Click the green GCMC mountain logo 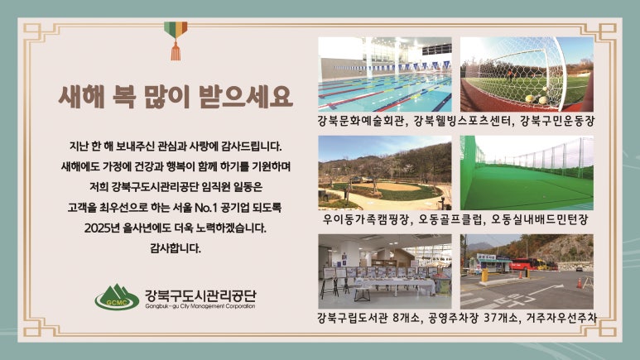(x=117, y=297)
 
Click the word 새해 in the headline (x=81, y=97)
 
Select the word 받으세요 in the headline (x=246, y=97)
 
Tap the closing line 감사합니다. (x=176, y=247)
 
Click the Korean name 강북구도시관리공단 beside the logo (x=200, y=295)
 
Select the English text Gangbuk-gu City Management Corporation (x=200, y=306)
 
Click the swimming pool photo (x=385, y=74)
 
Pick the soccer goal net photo (x=527, y=74)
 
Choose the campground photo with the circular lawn (x=385, y=173)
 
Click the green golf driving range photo (x=527, y=173)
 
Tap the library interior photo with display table (x=385, y=271)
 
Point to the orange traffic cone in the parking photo (x=580, y=283)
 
